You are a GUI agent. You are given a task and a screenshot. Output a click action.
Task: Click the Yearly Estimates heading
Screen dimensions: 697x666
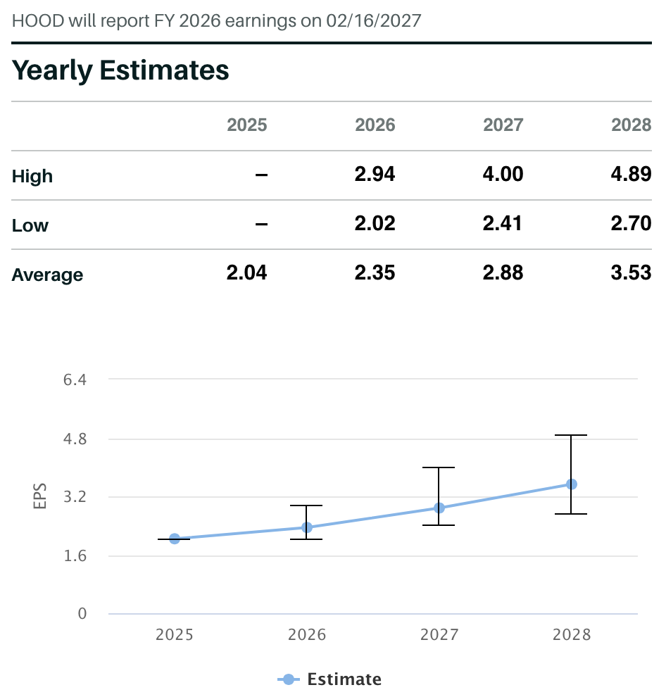120,70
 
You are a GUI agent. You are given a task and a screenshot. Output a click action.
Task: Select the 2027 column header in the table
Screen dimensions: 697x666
503,125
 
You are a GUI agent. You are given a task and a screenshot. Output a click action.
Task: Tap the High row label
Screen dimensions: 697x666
32,176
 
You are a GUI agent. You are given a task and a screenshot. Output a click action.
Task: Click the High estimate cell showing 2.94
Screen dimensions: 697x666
375,174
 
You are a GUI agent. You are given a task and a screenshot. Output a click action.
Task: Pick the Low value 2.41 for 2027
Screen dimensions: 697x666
503,224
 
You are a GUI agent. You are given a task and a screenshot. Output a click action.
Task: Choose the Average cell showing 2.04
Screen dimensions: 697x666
246,273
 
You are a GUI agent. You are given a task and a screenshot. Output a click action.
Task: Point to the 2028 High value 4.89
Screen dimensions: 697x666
631,174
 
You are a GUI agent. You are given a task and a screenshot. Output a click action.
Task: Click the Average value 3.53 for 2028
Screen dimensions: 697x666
631,273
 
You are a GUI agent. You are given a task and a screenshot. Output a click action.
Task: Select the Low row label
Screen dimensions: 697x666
30,225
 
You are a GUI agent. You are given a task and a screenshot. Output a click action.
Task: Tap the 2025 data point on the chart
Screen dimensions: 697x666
175,539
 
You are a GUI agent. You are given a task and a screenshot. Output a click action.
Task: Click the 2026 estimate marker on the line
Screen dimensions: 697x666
307,527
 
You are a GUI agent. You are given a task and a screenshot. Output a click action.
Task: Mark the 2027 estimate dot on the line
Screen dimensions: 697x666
439,508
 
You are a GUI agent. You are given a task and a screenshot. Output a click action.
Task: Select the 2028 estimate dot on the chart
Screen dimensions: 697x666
572,484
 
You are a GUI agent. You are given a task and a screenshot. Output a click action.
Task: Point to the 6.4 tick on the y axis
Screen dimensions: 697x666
75,380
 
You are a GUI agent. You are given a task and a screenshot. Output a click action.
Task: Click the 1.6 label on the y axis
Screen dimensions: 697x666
75,556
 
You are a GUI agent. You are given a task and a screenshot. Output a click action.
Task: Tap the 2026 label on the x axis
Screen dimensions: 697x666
307,635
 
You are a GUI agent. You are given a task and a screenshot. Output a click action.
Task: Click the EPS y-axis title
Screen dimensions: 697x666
40,496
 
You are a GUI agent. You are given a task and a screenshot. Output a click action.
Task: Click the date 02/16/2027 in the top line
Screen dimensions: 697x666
373,20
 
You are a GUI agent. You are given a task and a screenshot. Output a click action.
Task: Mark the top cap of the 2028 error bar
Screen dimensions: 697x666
572,436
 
